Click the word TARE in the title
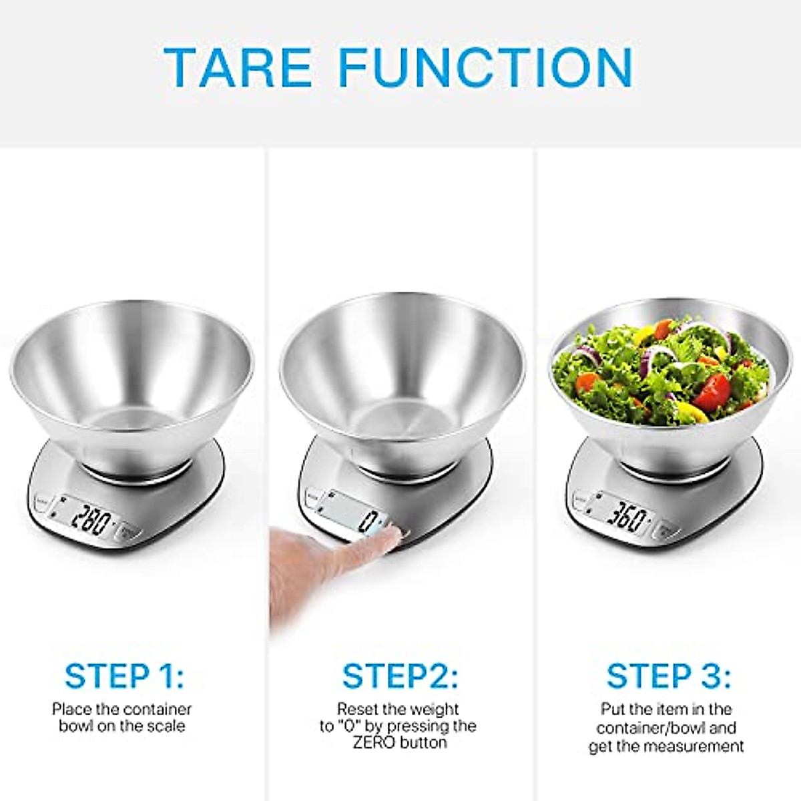238,66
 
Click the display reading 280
91,517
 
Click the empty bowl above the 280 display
131,400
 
